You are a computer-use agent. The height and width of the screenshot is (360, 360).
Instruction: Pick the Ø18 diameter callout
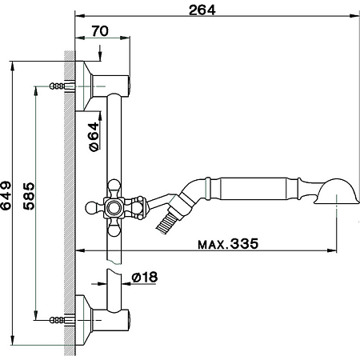point(143,278)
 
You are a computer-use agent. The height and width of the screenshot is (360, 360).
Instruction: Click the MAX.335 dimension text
point(228,244)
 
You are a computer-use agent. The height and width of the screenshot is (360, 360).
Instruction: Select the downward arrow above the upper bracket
point(100,54)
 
